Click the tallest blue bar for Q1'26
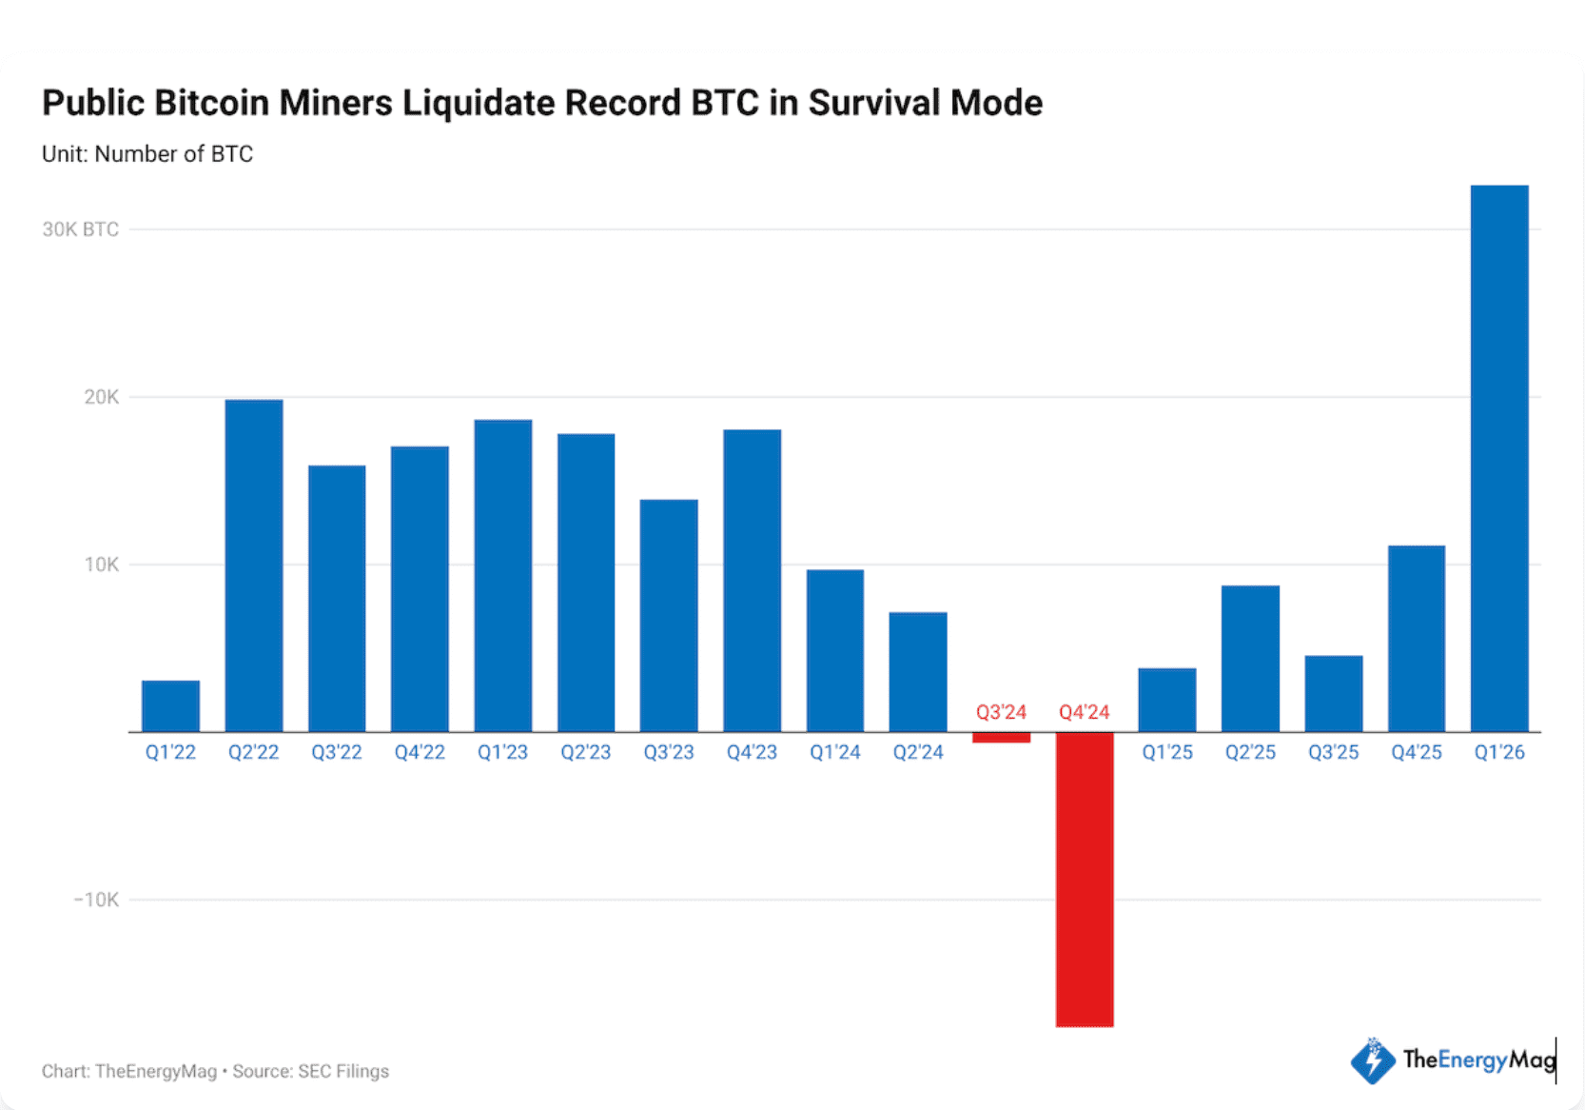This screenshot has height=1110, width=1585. pos(1499,457)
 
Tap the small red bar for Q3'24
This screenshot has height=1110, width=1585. pos(1001,738)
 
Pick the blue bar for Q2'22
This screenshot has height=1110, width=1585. pos(254,565)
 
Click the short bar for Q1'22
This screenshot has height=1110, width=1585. pos(170,705)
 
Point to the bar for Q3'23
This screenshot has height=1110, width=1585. pos(669,615)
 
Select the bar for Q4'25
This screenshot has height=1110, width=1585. pos(1417,638)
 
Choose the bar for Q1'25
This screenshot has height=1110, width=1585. pos(1167,700)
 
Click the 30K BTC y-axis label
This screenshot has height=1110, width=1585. pos(80,229)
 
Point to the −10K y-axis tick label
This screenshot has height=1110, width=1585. pos(96,900)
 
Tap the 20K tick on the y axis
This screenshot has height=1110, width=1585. pos(101,397)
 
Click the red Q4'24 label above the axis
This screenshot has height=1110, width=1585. pos(1085,712)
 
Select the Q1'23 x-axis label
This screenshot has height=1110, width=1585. pos(502,752)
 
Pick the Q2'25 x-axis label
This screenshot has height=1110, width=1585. pos(1250,752)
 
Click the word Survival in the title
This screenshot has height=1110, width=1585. pos(873,103)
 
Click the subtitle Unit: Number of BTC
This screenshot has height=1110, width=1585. pos(147,154)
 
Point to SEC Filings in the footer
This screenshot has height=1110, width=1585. pos(343,1071)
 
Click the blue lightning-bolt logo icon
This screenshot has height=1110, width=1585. pos(1372,1060)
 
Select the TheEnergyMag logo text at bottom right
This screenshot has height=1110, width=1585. pos(1478,1060)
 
